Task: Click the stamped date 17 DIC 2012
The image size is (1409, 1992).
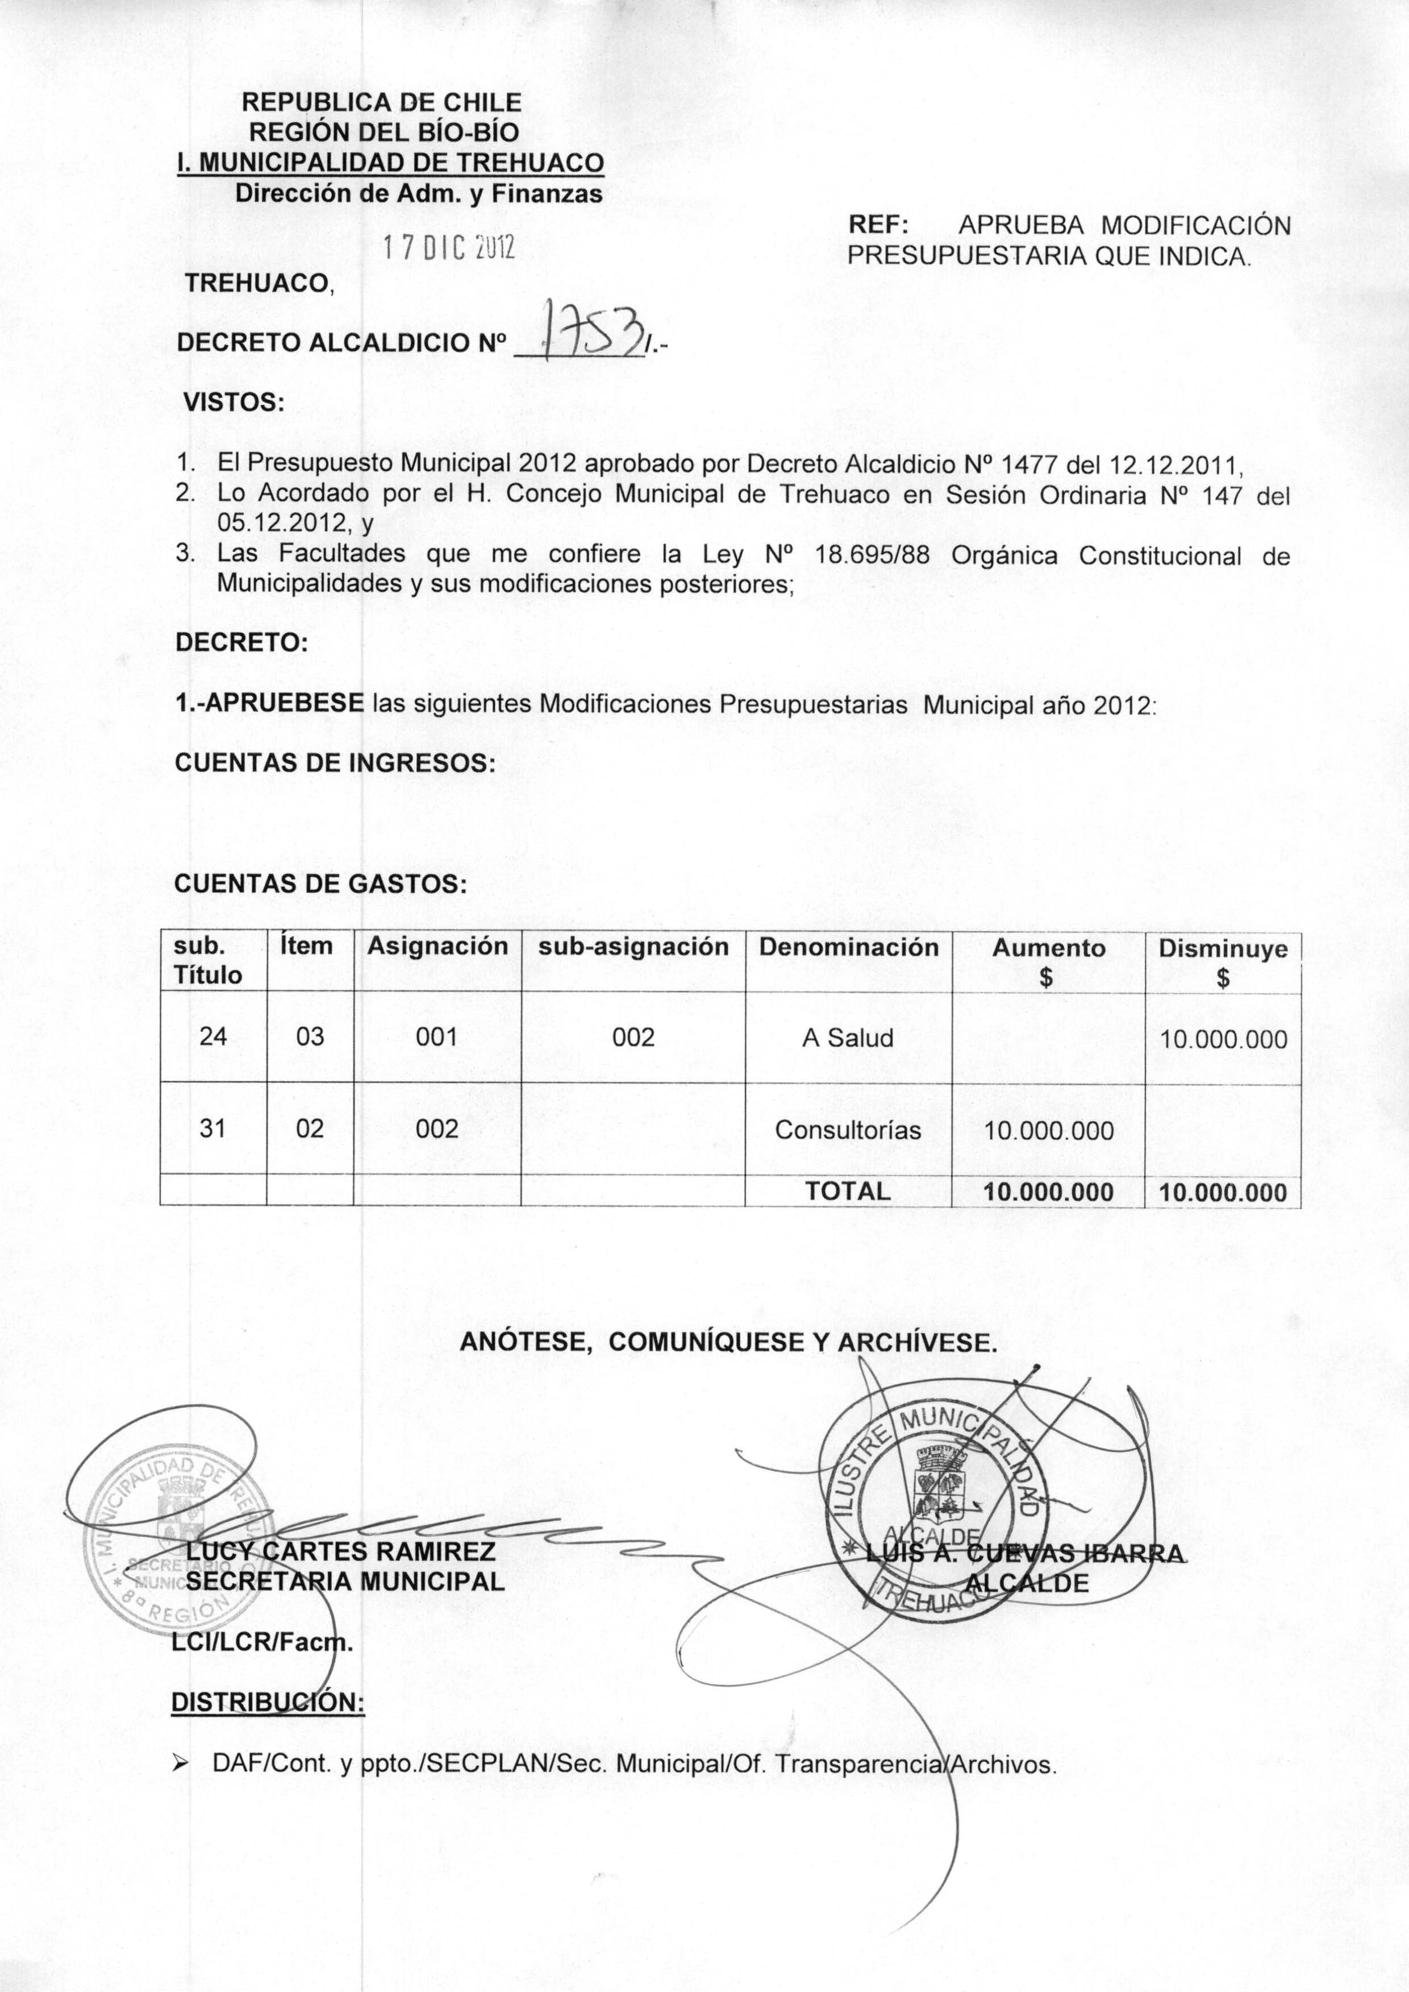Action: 449,249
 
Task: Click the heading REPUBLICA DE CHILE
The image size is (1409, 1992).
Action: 382,102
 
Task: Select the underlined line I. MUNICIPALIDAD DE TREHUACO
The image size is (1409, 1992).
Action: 390,163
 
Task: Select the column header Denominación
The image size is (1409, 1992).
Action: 848,947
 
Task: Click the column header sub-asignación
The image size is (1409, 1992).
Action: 633,947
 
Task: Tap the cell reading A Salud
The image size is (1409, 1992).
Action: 848,1038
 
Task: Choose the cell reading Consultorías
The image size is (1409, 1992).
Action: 848,1130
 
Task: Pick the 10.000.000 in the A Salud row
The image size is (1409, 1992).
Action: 1223,1040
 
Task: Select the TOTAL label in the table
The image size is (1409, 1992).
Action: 848,1192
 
